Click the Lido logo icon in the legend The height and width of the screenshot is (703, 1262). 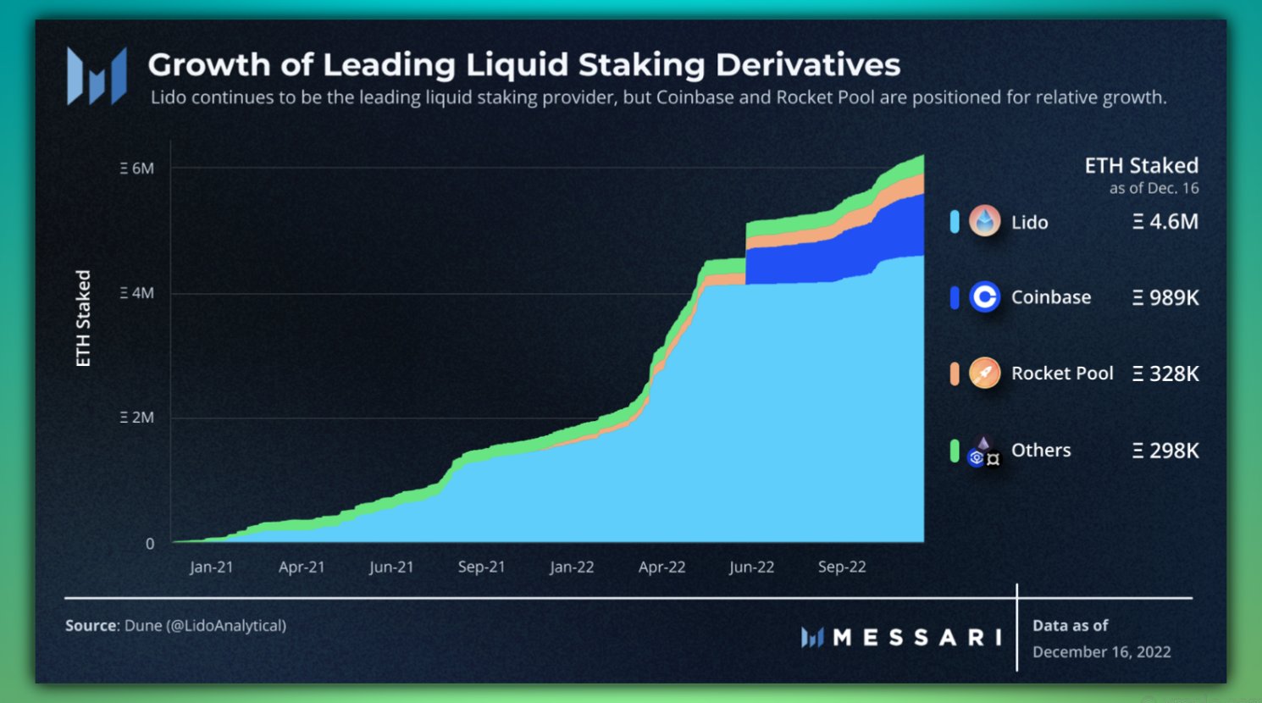[x=984, y=222]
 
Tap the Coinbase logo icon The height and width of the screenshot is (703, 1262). [x=984, y=297]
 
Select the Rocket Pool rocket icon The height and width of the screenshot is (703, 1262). [x=984, y=373]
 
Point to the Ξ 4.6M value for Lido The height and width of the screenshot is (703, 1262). [x=1165, y=222]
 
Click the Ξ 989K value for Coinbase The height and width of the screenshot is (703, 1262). [x=1165, y=297]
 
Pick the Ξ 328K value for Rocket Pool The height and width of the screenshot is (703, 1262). [x=1165, y=374]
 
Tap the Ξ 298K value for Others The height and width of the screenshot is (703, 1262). [x=1165, y=451]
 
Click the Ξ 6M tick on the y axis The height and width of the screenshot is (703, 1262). [x=137, y=169]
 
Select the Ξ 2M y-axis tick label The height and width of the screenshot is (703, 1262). [x=137, y=418]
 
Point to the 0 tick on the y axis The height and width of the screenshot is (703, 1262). [x=150, y=544]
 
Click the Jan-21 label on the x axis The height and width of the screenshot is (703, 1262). [x=211, y=567]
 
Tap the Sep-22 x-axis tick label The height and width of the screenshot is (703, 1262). [x=842, y=567]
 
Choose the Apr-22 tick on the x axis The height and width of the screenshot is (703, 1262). [x=661, y=567]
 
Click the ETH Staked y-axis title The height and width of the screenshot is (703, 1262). [x=83, y=318]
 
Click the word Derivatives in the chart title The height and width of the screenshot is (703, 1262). [x=808, y=65]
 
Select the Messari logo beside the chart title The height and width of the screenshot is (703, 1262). [x=97, y=76]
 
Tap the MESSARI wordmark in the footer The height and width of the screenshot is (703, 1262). [x=916, y=638]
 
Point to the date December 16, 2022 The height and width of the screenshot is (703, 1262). [x=1101, y=652]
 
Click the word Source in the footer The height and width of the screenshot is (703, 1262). [x=91, y=626]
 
